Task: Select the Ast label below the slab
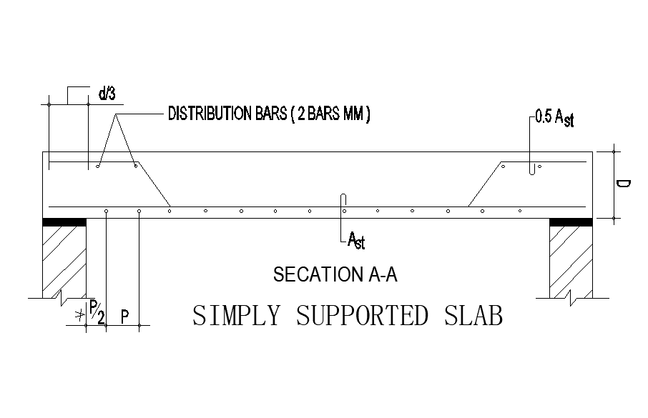click(355, 240)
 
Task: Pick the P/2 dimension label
click(97, 312)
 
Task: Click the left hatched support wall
click(64, 261)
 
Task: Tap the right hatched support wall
click(570, 261)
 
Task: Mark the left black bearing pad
click(64, 222)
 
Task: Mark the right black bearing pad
click(570, 222)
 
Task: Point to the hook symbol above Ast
click(344, 200)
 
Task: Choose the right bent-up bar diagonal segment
click(484, 184)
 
